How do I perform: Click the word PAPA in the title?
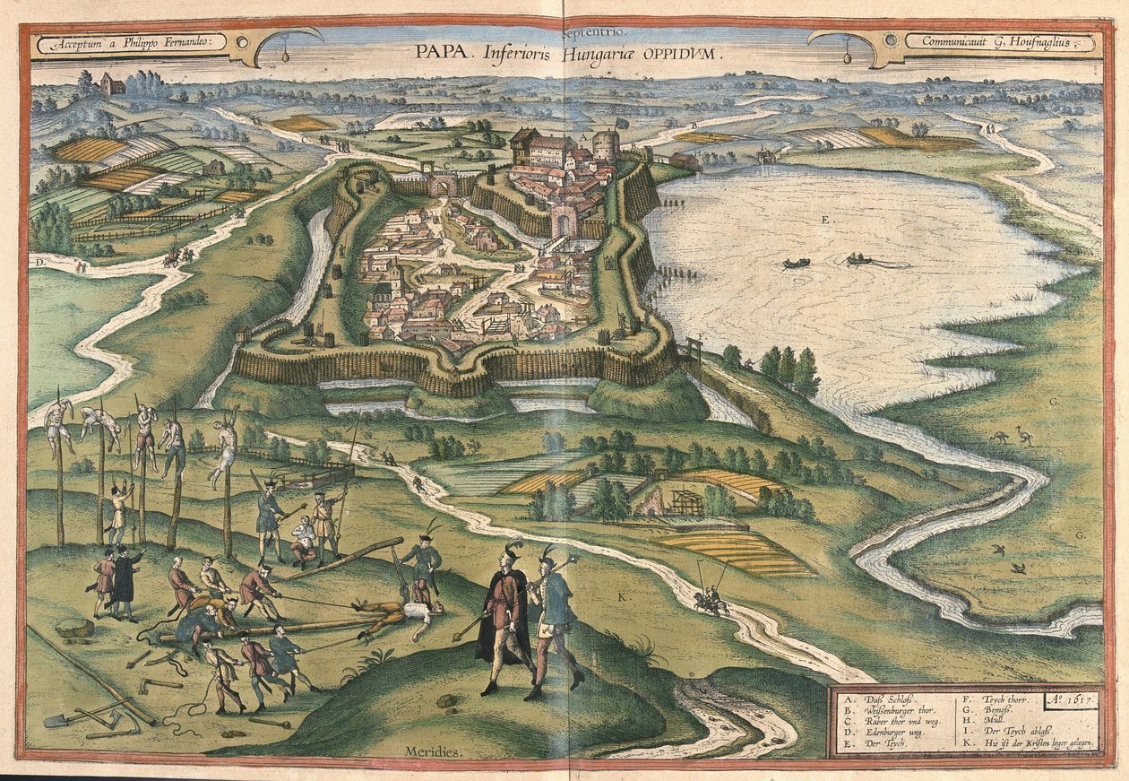435,51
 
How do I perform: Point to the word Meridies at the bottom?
434,751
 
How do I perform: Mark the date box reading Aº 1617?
1071,696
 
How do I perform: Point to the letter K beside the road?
622,594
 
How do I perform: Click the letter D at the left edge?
39,262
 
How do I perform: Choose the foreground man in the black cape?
502,619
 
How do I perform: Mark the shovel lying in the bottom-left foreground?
67,717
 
